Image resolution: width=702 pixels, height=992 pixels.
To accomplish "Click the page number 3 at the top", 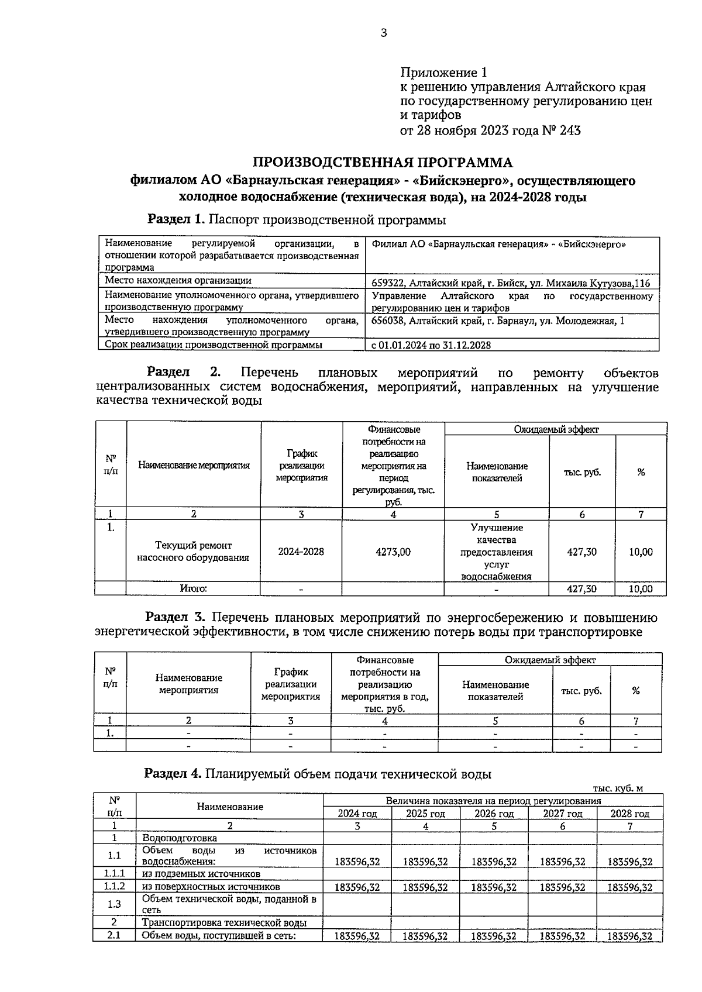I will click(384, 33).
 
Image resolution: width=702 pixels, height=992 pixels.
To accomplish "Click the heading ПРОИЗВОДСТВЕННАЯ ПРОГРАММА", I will click(383, 163).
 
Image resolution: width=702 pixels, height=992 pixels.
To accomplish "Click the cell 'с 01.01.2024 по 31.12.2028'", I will click(431, 345).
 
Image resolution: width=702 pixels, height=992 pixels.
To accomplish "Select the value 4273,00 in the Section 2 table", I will click(393, 552).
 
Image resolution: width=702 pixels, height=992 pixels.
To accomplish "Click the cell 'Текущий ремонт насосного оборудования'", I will click(193, 552).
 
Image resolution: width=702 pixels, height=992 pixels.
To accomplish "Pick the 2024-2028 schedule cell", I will click(301, 552).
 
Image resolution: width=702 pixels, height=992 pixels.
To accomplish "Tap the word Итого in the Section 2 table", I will click(193, 588).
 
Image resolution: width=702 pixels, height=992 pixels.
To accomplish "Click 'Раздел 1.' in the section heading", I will click(177, 219).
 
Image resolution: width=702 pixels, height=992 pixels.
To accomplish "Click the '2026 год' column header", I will click(494, 814).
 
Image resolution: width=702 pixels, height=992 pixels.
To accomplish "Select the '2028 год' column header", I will click(629, 814).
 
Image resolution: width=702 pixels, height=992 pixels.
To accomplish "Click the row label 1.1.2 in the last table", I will click(115, 887).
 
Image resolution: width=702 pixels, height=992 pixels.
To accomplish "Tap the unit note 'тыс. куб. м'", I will click(617, 788).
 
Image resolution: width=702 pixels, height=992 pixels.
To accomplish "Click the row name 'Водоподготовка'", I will click(171, 838).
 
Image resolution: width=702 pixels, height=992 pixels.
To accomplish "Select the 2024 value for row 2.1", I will click(357, 936).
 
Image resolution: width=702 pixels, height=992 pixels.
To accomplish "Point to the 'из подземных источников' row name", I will click(201, 874).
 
